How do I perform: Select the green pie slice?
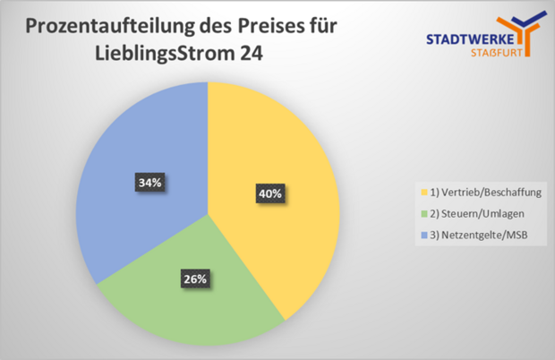[192, 296]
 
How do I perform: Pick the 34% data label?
[149, 183]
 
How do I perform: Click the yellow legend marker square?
[422, 192]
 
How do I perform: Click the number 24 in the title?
[252, 54]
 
